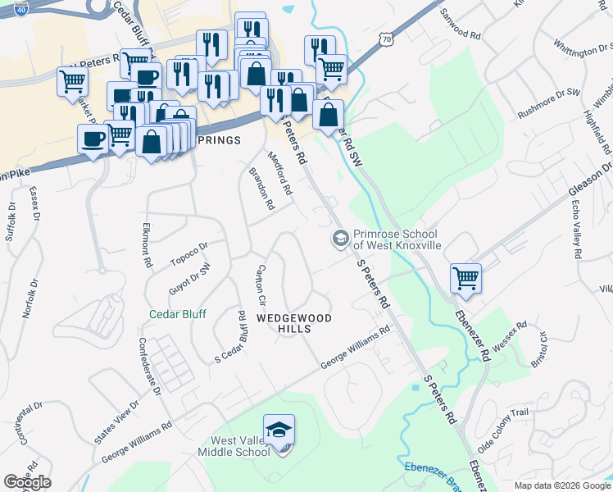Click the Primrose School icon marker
pos(339,239)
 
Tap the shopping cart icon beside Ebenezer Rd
pos(465,278)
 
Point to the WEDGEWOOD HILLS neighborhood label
pos(284,322)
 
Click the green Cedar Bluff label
pos(177,314)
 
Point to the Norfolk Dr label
pos(30,299)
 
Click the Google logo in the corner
pos(27,482)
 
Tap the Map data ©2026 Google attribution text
pos(561,485)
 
